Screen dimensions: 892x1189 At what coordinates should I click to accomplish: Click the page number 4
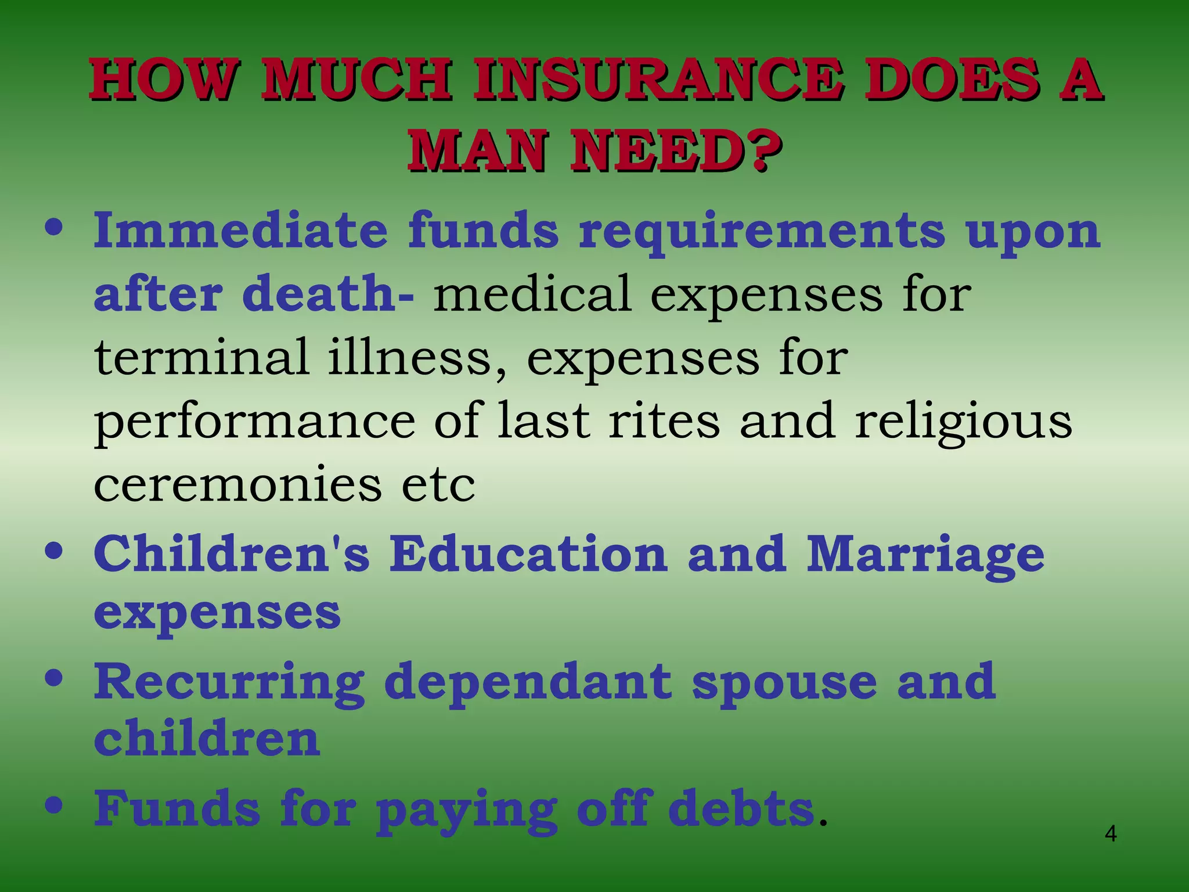tap(1110, 834)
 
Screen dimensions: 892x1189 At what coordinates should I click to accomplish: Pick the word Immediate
tap(240, 231)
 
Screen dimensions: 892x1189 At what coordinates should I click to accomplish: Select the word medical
tap(532, 293)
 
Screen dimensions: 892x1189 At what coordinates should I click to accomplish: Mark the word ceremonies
tap(237, 484)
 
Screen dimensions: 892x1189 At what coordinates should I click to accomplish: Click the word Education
tap(528, 553)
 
